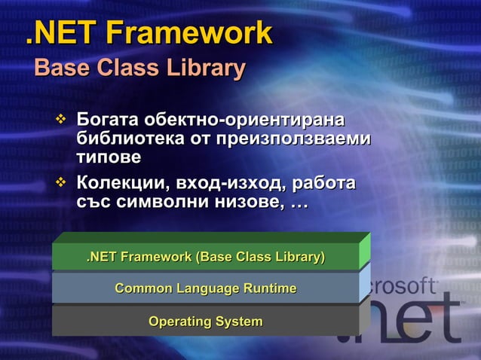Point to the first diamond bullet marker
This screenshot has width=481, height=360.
[x=61, y=120]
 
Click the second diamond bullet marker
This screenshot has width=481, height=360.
[x=61, y=184]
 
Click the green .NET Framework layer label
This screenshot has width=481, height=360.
[x=206, y=258]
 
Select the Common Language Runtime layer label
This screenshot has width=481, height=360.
[x=206, y=288]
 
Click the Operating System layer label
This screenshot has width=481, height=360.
[x=206, y=322]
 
